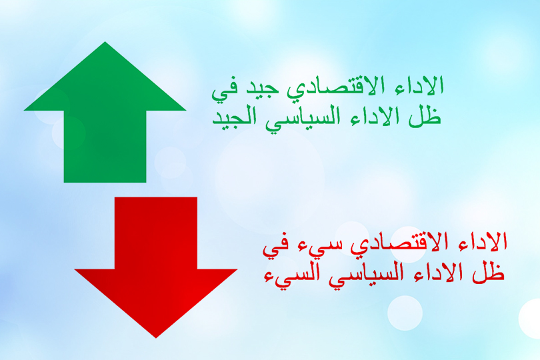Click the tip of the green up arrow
point(105,42)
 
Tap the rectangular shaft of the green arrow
point(105,147)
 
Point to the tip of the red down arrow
point(155,337)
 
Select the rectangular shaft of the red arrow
point(155,233)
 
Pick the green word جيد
point(261,89)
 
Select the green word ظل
point(425,116)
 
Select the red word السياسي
point(366,275)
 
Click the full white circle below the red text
point(405,313)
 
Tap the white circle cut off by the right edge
point(531,319)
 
